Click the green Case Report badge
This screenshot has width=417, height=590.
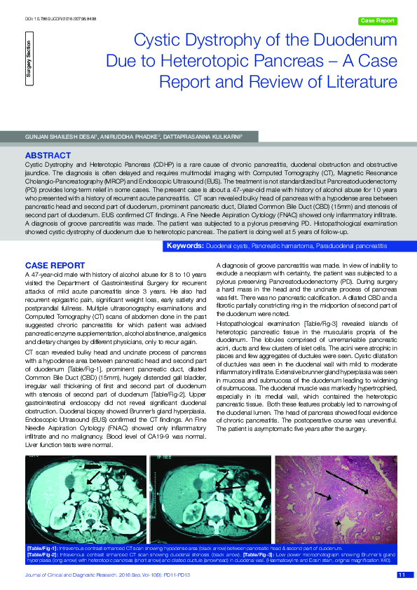point(377,21)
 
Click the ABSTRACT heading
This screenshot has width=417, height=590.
point(47,153)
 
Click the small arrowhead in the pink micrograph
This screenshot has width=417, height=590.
point(341,522)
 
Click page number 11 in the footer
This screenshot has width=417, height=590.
point(402,575)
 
